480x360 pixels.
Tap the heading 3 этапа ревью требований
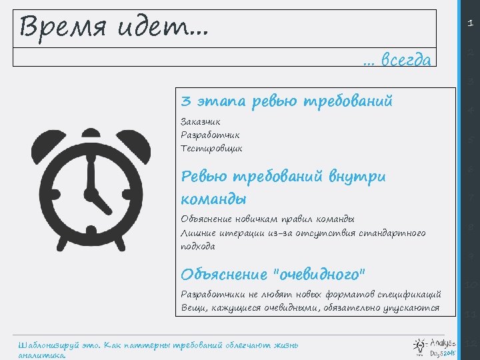click(x=287, y=101)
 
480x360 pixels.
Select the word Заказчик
click(x=201, y=121)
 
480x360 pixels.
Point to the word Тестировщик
click(x=211, y=148)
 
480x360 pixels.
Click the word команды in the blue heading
click(x=213, y=199)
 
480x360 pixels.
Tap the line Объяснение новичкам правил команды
click(x=267, y=219)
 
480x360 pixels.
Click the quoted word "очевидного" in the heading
click(x=320, y=274)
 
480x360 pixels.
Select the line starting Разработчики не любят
click(x=311, y=294)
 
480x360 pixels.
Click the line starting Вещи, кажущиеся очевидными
click(x=310, y=307)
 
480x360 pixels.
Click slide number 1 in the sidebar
click(x=470, y=23)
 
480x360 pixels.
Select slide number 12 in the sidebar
click(x=470, y=344)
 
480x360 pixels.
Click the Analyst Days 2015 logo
click(x=434, y=344)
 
